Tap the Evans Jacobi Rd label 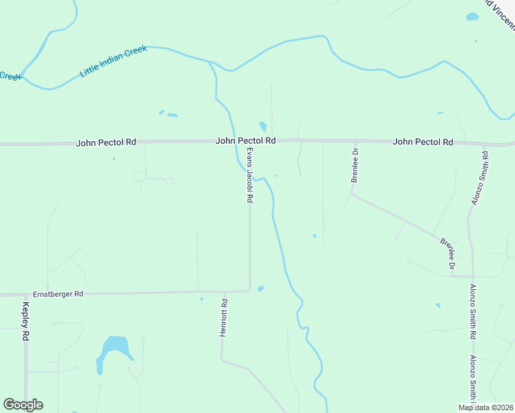(250, 175)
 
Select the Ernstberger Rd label (60, 294)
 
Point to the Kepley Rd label (26, 321)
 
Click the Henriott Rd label (223, 317)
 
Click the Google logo (23, 405)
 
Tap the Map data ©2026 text (486, 407)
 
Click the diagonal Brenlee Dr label (448, 253)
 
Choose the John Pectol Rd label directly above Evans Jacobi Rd (246, 140)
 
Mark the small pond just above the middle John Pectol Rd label (262, 127)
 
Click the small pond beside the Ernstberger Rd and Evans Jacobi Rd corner (260, 288)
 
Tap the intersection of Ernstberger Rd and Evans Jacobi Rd (249, 292)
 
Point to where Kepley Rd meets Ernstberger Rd (25, 295)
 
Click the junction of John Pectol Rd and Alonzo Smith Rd (484, 144)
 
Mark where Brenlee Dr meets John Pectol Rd (355, 141)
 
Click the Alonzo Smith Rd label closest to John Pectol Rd (480, 178)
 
